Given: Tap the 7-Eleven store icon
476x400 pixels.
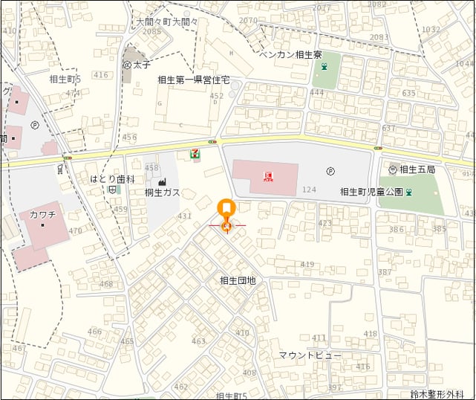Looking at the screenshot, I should click(195, 154).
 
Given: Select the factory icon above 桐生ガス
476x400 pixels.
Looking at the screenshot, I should click(163, 181).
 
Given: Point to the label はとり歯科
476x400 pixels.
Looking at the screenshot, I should click(112, 179).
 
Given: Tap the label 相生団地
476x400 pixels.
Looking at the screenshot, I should click(238, 280).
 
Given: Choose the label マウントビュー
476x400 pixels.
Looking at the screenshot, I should click(310, 355).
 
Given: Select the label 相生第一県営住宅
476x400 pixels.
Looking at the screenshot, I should click(194, 80).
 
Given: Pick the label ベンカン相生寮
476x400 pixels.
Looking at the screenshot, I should click(290, 55).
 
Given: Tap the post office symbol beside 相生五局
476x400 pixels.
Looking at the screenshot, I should click(393, 170).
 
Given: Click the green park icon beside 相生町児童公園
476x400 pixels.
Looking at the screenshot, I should click(409, 192).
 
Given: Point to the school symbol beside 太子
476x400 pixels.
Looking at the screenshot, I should click(127, 65).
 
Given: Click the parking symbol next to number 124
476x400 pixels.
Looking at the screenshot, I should click(330, 170).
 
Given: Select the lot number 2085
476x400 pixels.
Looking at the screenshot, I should click(151, 31).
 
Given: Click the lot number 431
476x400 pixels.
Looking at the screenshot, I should click(184, 216).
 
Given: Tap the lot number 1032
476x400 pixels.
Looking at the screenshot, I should click(431, 30).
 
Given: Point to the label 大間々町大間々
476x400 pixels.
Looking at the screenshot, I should click(167, 22).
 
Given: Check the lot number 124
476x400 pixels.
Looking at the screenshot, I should click(310, 190).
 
